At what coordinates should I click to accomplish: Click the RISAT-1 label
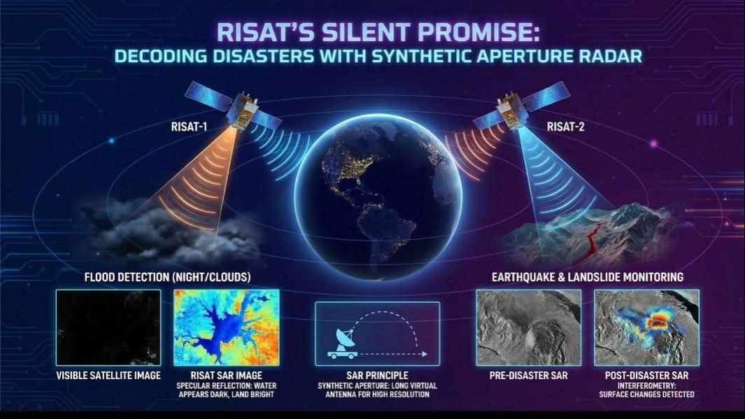[x=189, y=127]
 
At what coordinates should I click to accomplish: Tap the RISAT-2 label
[x=565, y=127]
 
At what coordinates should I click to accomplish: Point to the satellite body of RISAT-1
[x=242, y=111]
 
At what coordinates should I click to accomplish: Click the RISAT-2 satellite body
[x=510, y=111]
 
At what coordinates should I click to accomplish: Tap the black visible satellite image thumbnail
[x=108, y=327]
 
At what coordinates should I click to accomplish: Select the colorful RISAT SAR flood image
[x=227, y=327]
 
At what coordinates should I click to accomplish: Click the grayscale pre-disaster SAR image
[x=528, y=327]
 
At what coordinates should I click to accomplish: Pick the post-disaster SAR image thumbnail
[x=646, y=327]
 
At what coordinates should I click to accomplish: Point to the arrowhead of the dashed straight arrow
[x=425, y=354]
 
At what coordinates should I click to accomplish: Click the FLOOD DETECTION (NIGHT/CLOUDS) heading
[x=167, y=277]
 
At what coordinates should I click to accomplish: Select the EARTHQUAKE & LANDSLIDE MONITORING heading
[x=588, y=277]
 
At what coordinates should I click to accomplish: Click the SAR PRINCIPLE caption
[x=377, y=376]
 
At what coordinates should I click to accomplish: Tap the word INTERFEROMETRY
[x=646, y=385]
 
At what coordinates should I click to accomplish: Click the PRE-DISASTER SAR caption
[x=528, y=376]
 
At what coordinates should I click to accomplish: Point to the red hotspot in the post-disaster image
[x=658, y=320]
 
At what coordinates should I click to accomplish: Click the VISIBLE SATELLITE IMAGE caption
[x=108, y=376]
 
